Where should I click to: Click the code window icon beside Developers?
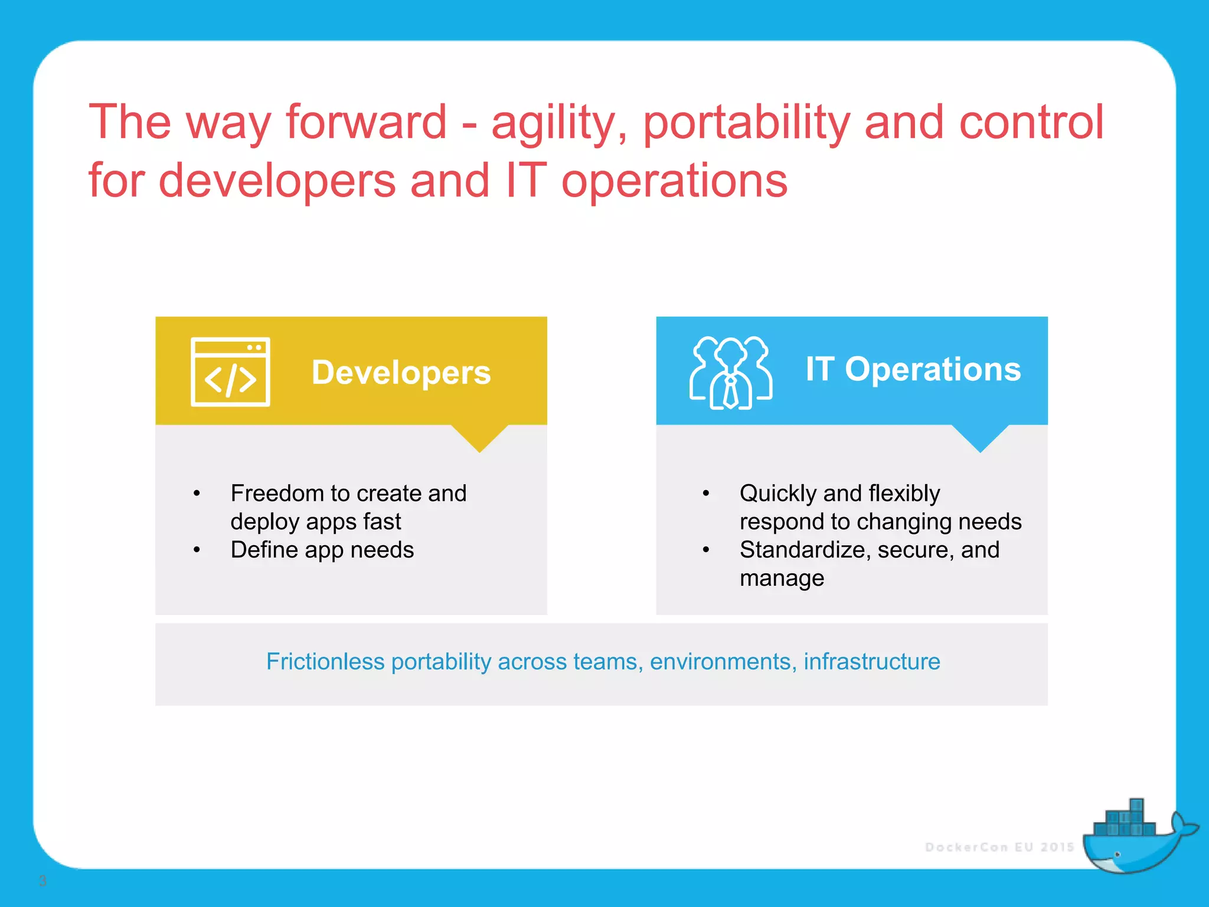[x=230, y=372]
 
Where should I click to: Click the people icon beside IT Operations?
[x=730, y=373]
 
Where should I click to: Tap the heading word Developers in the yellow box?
[x=401, y=373]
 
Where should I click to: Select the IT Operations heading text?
[x=913, y=370]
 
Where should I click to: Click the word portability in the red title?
[x=746, y=123]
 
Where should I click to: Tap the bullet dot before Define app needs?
[x=197, y=550]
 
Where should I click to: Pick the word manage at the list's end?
[x=782, y=578]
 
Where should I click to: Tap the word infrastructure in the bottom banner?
[x=871, y=661]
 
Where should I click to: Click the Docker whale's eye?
[x=1117, y=854]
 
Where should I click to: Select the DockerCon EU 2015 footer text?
[x=999, y=847]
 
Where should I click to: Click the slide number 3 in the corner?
[x=43, y=881]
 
